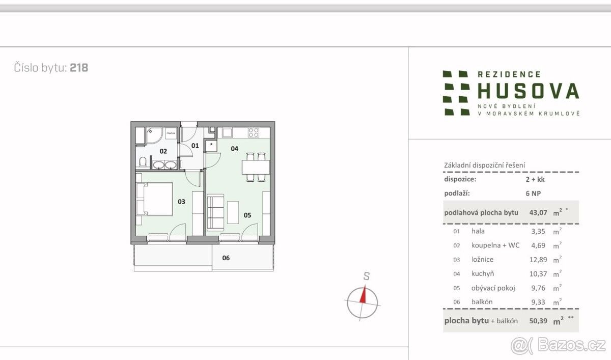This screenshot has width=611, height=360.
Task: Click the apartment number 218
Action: click(x=79, y=68)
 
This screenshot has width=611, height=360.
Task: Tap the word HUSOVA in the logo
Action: click(x=529, y=91)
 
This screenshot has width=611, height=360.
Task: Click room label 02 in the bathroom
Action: click(x=163, y=151)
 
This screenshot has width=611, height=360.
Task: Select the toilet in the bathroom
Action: click(x=143, y=162)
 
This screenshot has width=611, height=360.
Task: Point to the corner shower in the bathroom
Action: click(x=154, y=135)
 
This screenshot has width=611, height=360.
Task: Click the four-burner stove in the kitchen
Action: click(x=253, y=133)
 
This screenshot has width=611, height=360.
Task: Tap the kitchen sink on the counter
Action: click(x=227, y=133)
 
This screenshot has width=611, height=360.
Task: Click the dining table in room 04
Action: click(x=256, y=167)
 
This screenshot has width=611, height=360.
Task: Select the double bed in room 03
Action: click(x=154, y=199)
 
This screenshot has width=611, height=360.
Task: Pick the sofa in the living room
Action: click(x=215, y=212)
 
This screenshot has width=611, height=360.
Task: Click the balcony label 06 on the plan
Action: click(x=226, y=258)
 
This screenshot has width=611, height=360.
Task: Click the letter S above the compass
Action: click(x=366, y=276)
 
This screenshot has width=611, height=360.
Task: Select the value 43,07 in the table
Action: click(x=538, y=212)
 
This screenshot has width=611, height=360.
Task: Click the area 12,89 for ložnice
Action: click(x=538, y=259)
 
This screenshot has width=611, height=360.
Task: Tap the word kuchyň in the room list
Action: click(x=483, y=273)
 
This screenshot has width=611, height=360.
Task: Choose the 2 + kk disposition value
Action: click(x=535, y=179)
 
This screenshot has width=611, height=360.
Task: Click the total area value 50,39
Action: click(x=538, y=321)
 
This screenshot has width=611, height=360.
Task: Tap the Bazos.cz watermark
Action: click(x=558, y=346)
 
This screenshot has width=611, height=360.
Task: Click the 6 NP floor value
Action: click(x=533, y=193)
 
